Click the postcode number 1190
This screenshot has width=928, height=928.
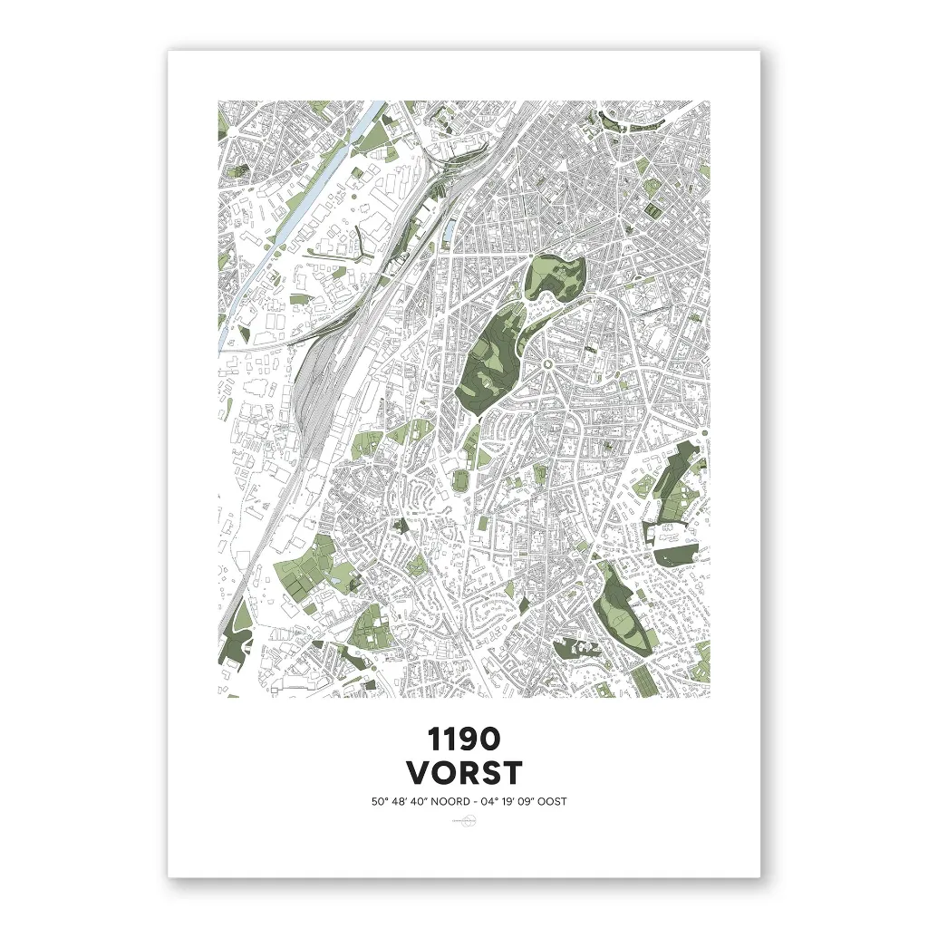[x=464, y=739]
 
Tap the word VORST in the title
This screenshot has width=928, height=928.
[x=464, y=773]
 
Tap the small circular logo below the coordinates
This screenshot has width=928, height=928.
[x=464, y=822]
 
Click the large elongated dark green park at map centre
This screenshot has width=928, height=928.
[x=489, y=358]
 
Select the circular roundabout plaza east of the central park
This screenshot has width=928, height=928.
[x=547, y=364]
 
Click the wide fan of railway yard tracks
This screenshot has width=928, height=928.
[x=317, y=381]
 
